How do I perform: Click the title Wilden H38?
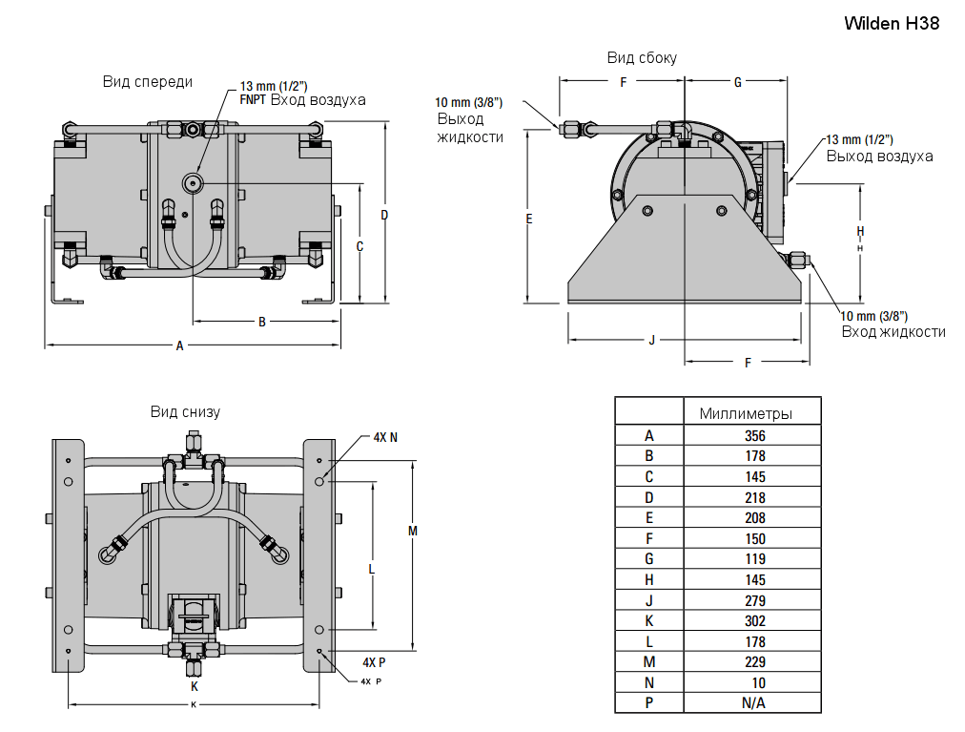coord(892,24)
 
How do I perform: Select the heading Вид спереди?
coord(148,82)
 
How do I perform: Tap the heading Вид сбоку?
coord(642,58)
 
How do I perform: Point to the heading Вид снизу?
coord(185,412)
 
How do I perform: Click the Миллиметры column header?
coord(746,413)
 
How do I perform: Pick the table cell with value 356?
coord(754,435)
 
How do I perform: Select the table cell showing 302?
coord(754,621)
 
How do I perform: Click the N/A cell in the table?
coord(754,703)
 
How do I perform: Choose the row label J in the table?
coord(649,600)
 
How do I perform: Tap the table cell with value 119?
coord(754,559)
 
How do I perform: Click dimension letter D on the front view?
coord(384,215)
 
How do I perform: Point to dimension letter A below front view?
coord(179,346)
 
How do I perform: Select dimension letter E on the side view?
coord(529,219)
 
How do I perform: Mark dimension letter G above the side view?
coord(737,83)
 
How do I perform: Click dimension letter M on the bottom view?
coord(412,531)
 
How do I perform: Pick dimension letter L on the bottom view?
coord(371,569)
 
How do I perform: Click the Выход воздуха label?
coord(879,157)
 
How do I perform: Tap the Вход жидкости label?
coord(893,332)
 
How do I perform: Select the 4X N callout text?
coord(385,438)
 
